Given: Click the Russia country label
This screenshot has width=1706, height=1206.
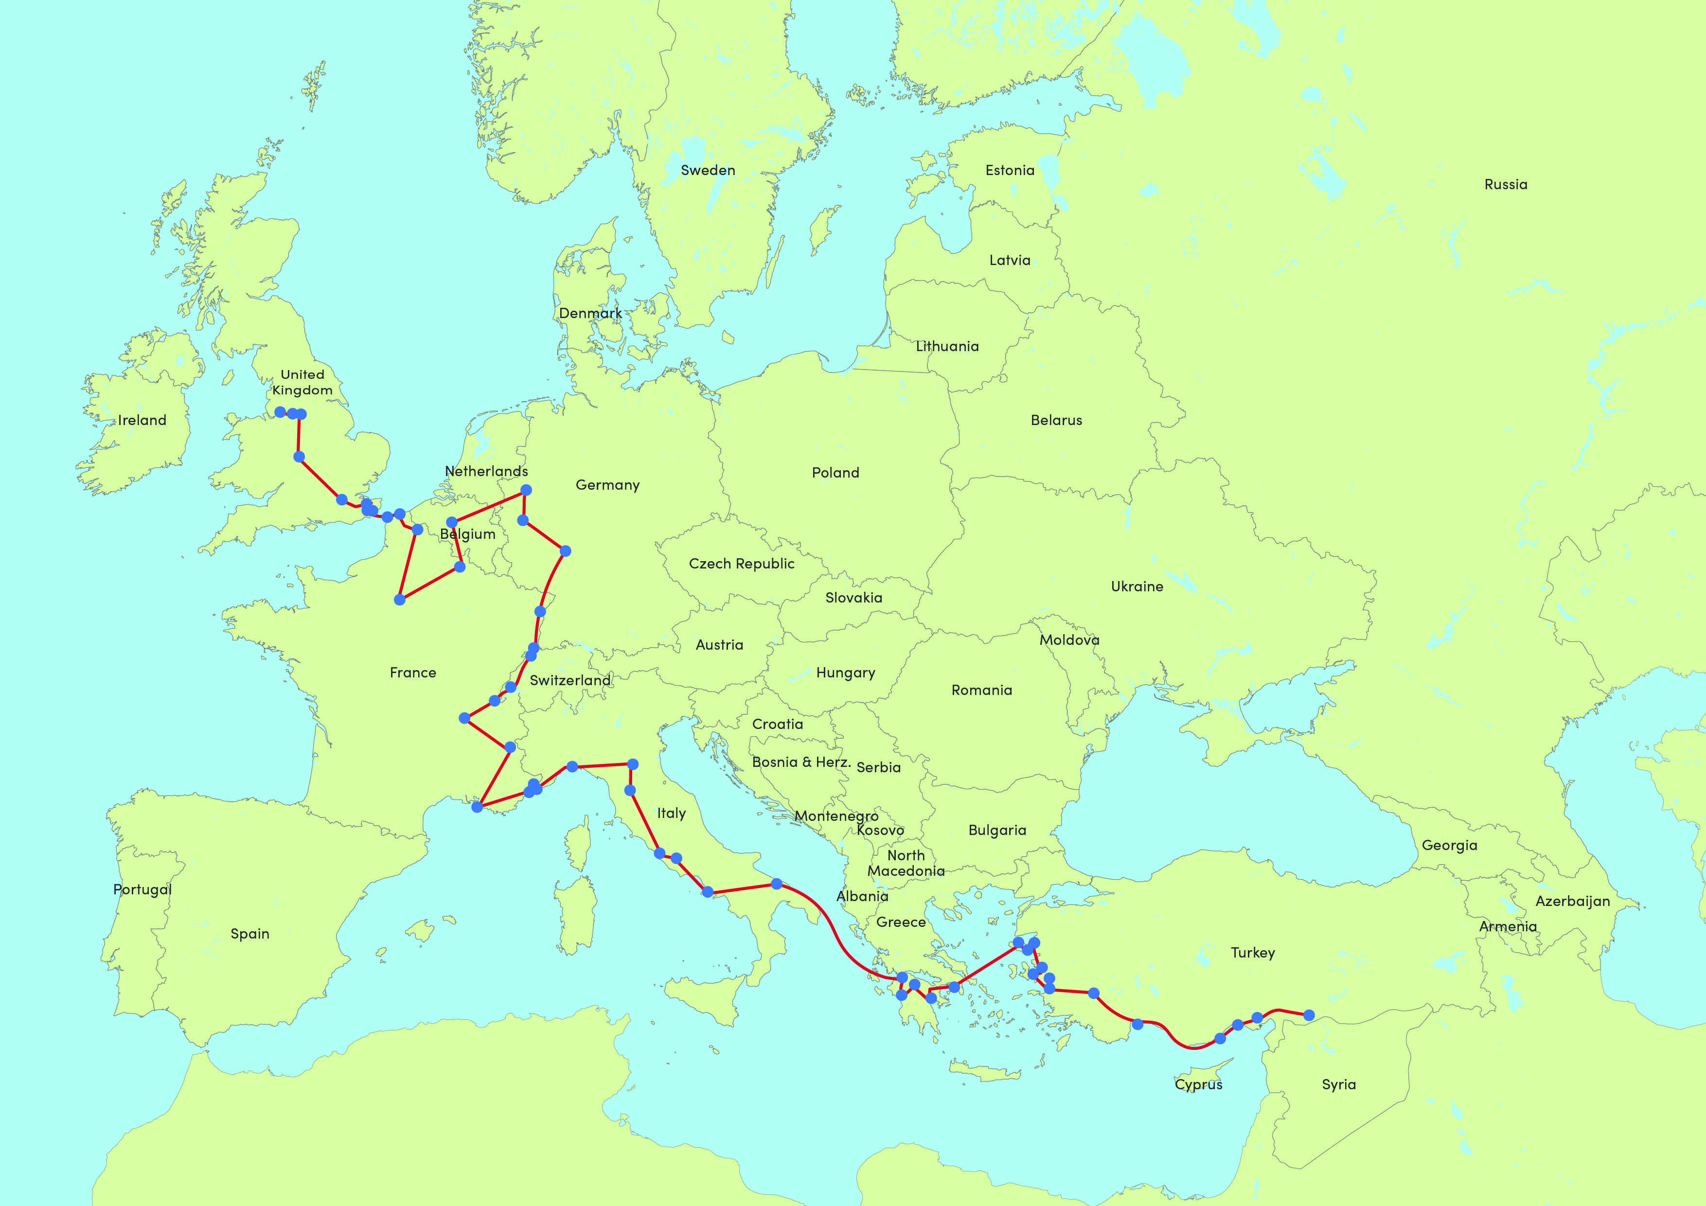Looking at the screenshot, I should click(1505, 184).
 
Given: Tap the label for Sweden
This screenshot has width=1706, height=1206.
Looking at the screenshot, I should click(708, 170).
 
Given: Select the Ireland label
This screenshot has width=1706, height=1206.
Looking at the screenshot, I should click(142, 420).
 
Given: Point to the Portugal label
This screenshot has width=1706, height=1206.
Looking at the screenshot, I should click(142, 889).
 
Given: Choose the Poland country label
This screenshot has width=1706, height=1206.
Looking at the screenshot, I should click(835, 473).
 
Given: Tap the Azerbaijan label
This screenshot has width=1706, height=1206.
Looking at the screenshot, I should click(1572, 902).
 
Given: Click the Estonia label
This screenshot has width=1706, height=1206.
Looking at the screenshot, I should click(1009, 170).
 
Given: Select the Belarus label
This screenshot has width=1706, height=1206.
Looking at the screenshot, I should click(1056, 420).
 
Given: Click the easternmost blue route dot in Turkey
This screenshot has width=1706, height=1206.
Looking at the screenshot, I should click(1309, 1015).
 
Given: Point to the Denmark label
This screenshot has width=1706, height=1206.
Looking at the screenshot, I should click(590, 313).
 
